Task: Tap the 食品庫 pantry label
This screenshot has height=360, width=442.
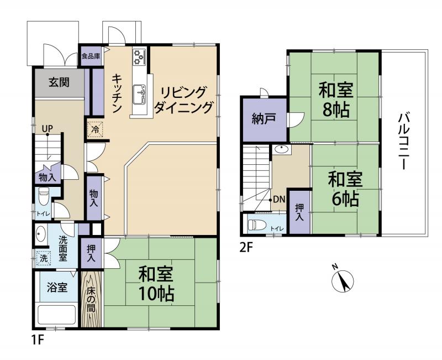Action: pos(91,56)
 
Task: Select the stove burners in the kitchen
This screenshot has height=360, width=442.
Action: pos(139,56)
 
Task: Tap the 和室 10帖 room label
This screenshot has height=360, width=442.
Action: pos(156,284)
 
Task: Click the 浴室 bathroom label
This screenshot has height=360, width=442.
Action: pos(56,288)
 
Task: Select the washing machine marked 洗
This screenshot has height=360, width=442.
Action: pos(43,258)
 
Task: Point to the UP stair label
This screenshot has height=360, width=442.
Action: pos(48,128)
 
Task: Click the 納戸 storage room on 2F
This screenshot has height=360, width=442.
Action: pos(263,119)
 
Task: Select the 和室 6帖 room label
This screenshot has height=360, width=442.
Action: pos(345,189)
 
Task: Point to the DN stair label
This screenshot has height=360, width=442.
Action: pos(279,200)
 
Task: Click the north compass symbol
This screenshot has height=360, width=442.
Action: pos(343,280)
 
